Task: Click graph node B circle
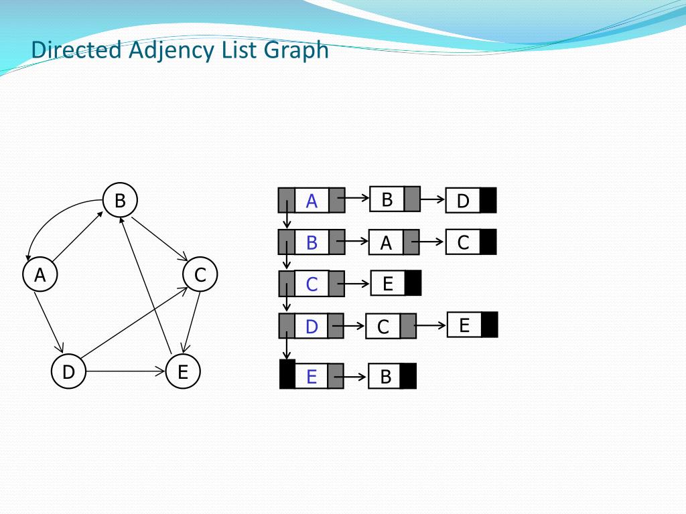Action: (120, 200)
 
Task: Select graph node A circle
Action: (40, 274)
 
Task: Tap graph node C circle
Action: (200, 274)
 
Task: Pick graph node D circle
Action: (68, 371)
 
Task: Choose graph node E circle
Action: (182, 371)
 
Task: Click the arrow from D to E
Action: (125, 371)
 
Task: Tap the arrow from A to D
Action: (49, 321)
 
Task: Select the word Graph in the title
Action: (296, 50)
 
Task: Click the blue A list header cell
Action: (312, 201)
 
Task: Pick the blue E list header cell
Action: (312, 377)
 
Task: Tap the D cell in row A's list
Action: (463, 201)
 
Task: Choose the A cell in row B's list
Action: (386, 243)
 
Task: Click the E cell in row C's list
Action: (388, 284)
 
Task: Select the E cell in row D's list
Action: (464, 325)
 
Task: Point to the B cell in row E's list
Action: (385, 377)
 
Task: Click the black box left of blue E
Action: (287, 374)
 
